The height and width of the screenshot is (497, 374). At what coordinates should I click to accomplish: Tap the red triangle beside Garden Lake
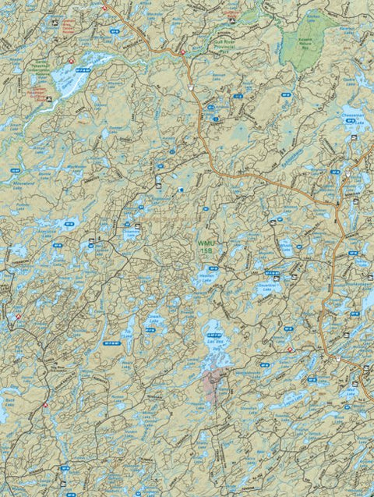(70, 60)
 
